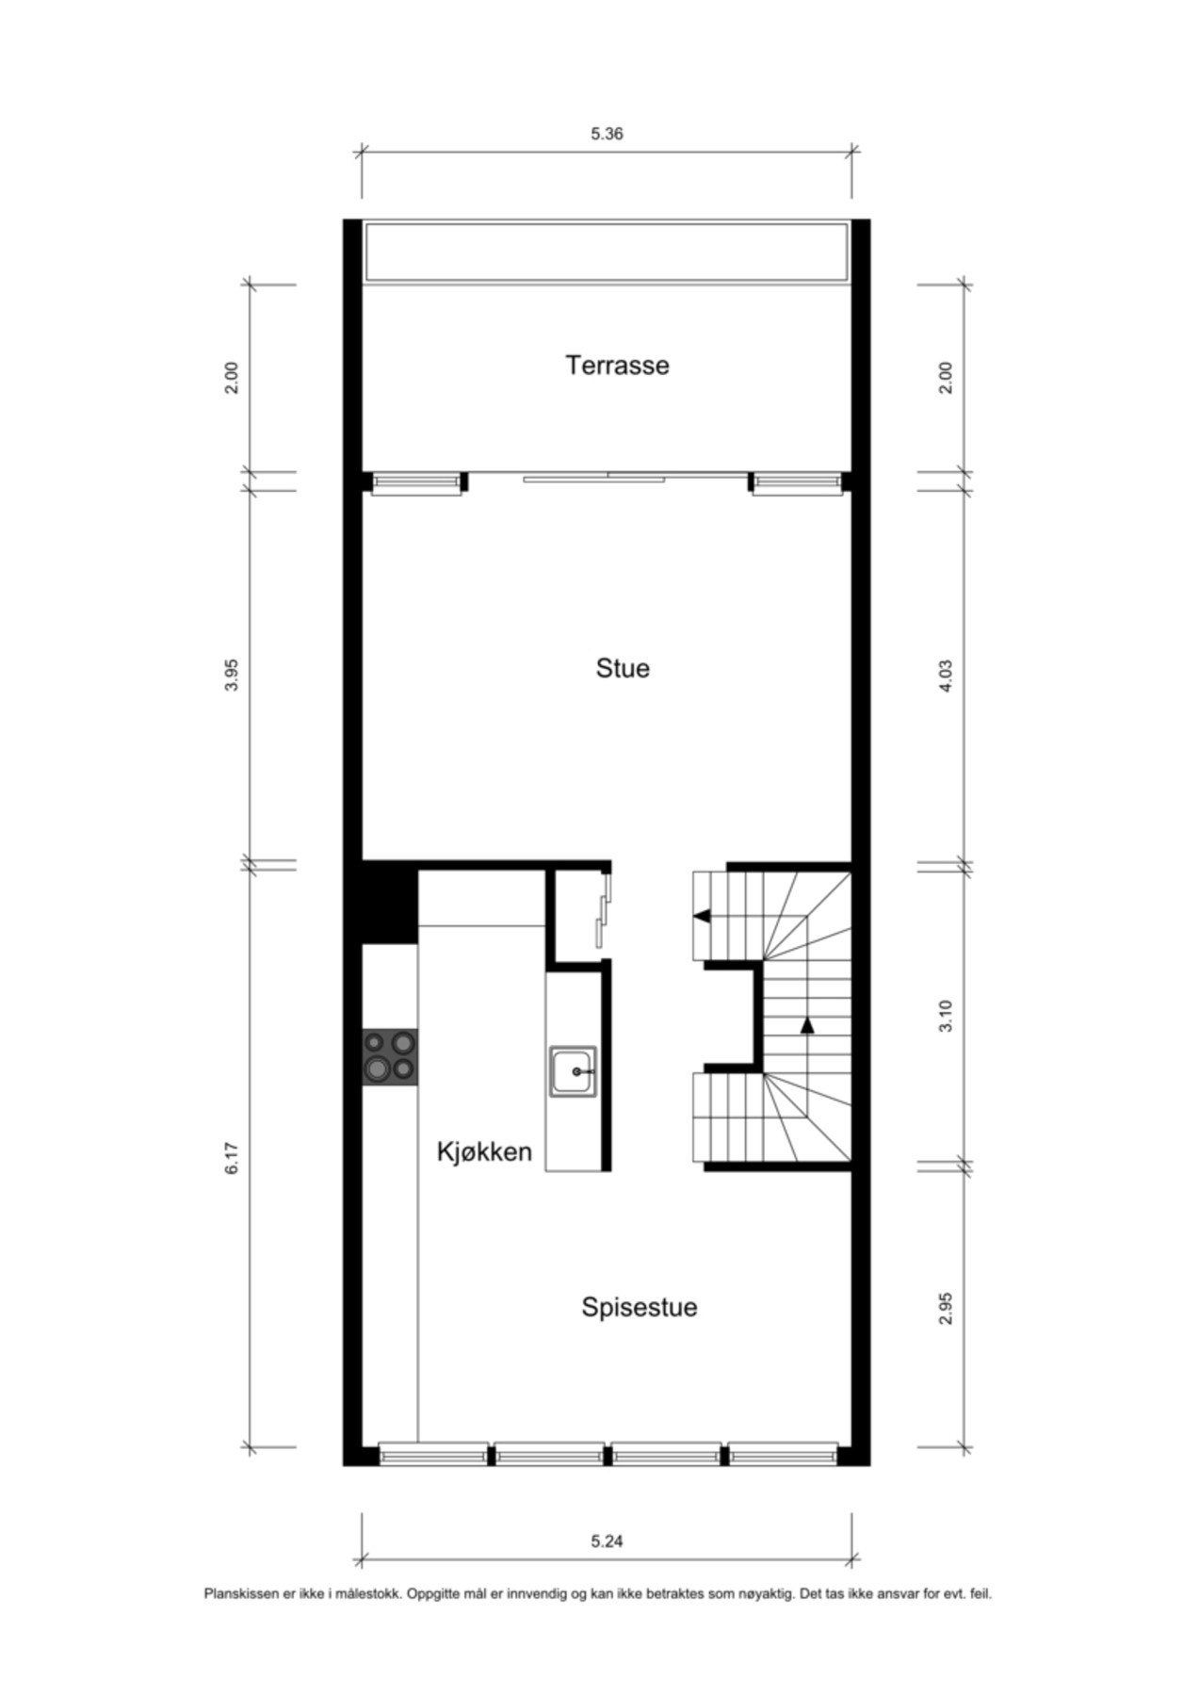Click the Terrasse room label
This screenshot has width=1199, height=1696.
tap(617, 365)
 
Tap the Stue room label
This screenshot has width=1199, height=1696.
tap(623, 668)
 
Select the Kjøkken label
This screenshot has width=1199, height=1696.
tap(484, 1151)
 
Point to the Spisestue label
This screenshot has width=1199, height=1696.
tap(639, 1307)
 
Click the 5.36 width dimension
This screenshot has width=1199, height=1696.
tap(607, 134)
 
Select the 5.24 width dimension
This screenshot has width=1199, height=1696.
tap(607, 1541)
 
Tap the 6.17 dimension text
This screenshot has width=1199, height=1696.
tap(233, 1158)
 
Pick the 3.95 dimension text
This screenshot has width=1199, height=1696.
tap(233, 675)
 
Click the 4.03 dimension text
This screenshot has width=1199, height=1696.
tap(947, 676)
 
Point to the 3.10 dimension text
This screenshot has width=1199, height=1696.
tap(947, 1016)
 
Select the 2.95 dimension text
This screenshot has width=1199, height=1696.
tap(947, 1308)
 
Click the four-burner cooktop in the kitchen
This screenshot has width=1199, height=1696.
tap(390, 1056)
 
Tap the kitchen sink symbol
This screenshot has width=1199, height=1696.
tap(573, 1072)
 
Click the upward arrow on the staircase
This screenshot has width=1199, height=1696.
tap(807, 1026)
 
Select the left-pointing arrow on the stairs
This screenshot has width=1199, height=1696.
tap(702, 916)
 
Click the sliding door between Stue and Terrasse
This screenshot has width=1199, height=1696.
tap(608, 477)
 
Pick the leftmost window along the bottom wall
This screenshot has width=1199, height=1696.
tap(434, 1456)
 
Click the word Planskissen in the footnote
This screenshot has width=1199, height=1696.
tap(242, 1594)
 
